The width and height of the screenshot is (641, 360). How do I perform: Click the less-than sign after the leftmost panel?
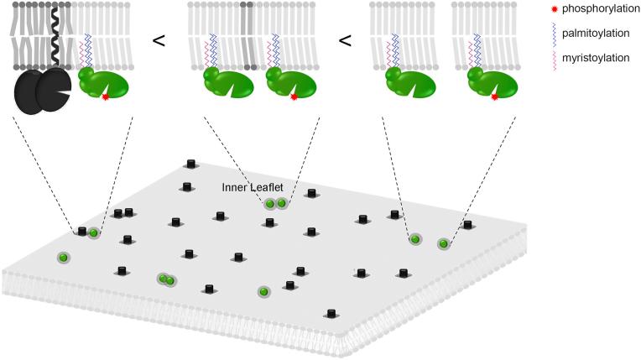click(x=158, y=39)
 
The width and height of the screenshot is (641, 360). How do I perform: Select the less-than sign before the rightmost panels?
click(x=344, y=39)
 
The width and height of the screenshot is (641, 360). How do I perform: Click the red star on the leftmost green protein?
click(x=105, y=98)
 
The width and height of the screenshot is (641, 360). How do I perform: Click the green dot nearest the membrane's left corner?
click(x=62, y=257)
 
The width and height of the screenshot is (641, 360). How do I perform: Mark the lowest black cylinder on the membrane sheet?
click(x=331, y=314)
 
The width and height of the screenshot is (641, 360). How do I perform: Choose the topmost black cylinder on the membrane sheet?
click(x=191, y=164)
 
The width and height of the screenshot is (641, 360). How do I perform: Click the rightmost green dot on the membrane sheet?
click(x=443, y=244)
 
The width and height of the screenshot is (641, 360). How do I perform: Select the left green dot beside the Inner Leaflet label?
click(x=270, y=204)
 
